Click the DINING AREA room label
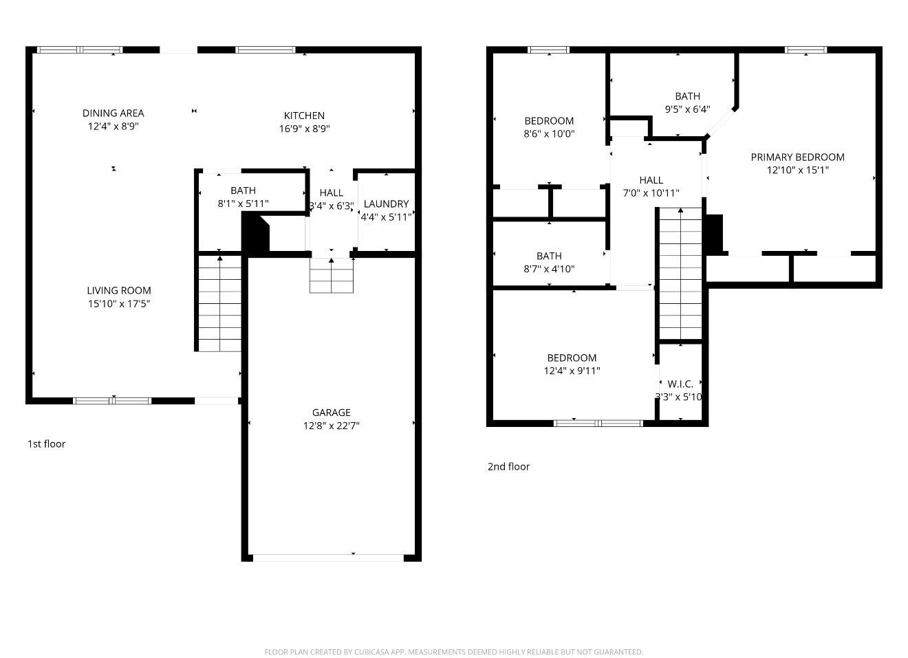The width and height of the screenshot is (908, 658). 113,113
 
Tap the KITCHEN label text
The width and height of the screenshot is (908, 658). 304,116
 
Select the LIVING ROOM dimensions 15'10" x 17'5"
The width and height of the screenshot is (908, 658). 119,303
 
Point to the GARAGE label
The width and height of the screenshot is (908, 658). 331,413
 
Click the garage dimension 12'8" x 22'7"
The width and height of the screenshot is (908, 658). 331,426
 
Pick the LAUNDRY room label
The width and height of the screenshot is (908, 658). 386,204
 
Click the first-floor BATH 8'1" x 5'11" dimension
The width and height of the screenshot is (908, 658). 243,204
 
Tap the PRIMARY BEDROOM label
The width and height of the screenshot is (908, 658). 797,157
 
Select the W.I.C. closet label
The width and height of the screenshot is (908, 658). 680,384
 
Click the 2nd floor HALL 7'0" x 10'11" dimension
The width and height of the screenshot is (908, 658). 651,193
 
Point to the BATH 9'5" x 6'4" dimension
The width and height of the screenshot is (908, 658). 687,109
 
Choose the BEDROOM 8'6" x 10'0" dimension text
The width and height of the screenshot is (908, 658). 549,133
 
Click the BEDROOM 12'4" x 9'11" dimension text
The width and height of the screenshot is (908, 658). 572,371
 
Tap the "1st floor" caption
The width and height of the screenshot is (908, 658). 46,443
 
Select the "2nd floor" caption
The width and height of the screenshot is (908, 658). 508,466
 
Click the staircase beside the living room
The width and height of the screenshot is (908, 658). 219,303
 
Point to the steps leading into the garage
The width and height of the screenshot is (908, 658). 331,276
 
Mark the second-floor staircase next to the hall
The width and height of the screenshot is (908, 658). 680,274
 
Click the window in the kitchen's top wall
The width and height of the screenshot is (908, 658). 266,50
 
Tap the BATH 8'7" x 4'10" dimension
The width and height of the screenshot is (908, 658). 549,269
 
